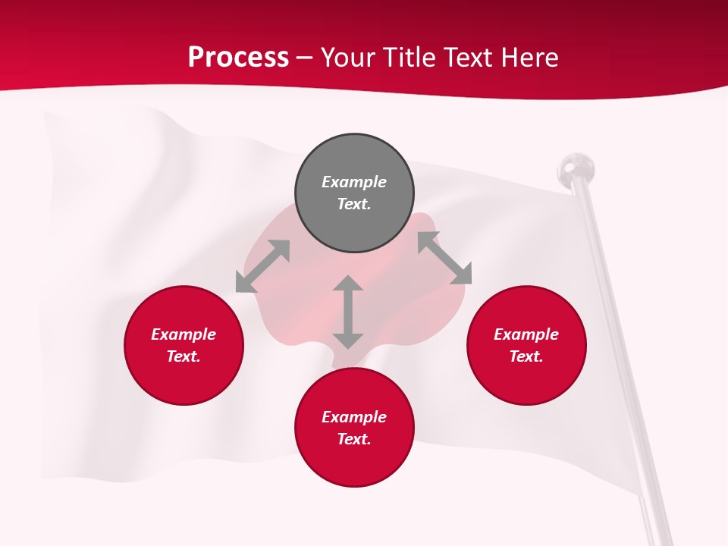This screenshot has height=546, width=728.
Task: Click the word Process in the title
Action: click(238, 58)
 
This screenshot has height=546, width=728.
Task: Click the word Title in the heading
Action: click(410, 58)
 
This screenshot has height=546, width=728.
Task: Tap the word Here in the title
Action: click(529, 58)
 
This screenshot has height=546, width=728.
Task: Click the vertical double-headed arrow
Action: click(348, 312)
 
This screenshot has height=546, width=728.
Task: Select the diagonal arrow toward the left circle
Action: click(262, 266)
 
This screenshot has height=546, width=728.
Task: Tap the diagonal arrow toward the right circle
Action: click(444, 259)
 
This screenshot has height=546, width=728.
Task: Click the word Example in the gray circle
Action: click(354, 182)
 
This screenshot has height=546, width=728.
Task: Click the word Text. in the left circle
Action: click(184, 356)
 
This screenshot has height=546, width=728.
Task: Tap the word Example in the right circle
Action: click(526, 334)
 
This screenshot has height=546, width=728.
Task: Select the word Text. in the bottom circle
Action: click(354, 439)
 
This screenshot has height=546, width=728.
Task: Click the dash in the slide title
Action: click(305, 58)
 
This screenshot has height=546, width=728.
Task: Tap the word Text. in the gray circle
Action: click(354, 204)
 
